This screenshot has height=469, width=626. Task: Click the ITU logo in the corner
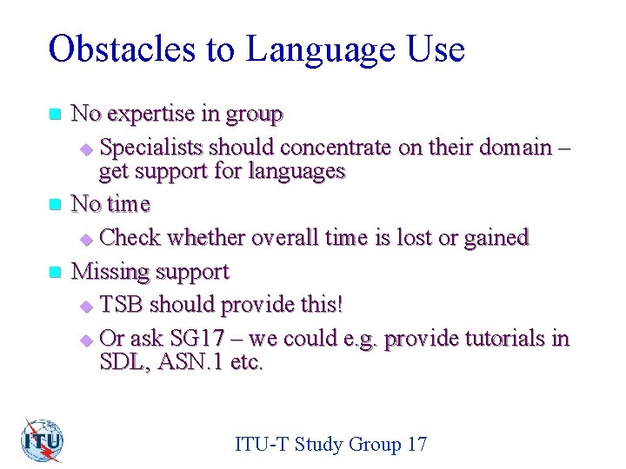[43, 440]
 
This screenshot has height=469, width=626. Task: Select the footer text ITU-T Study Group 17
[330, 445]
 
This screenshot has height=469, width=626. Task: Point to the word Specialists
[153, 147]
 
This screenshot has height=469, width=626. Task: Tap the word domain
[520, 147]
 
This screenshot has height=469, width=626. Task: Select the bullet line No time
[110, 205]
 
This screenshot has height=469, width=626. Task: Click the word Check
[130, 238]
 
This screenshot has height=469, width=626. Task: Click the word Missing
[107, 272]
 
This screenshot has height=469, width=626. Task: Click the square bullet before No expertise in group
[56, 115]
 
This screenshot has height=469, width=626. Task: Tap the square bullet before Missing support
[56, 272]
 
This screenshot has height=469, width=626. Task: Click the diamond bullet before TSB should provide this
[85, 306]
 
